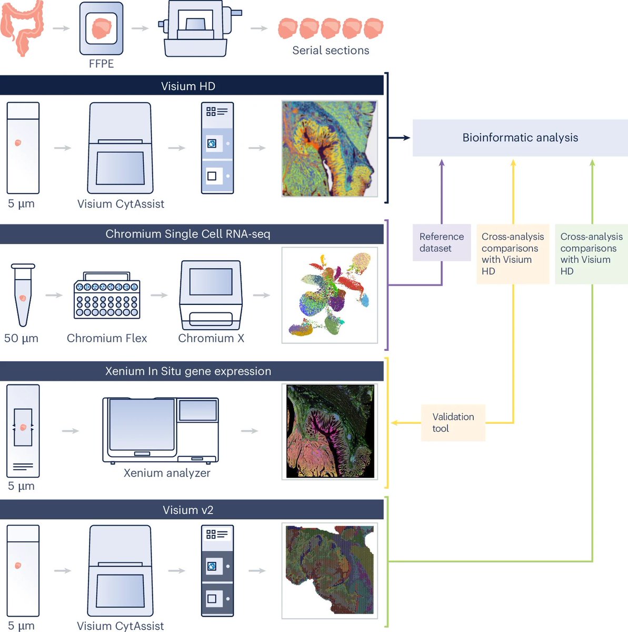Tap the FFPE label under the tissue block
pyautogui.click(x=101, y=64)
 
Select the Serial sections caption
pyautogui.click(x=331, y=51)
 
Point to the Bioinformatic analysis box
pyautogui.click(x=520, y=137)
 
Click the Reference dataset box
pyautogui.click(x=442, y=243)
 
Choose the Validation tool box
pyautogui.click(x=453, y=422)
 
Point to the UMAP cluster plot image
pyautogui.click(x=330, y=295)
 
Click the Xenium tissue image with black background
pyautogui.click(x=330, y=431)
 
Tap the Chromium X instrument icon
pyautogui.click(x=211, y=295)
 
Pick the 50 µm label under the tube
pyautogui.click(x=21, y=338)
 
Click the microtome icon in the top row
pyautogui.click(x=197, y=29)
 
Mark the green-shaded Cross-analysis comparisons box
pyautogui.click(x=591, y=254)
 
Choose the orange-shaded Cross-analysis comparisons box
pyautogui.click(x=512, y=254)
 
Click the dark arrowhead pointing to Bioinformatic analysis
pyautogui.click(x=406, y=137)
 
